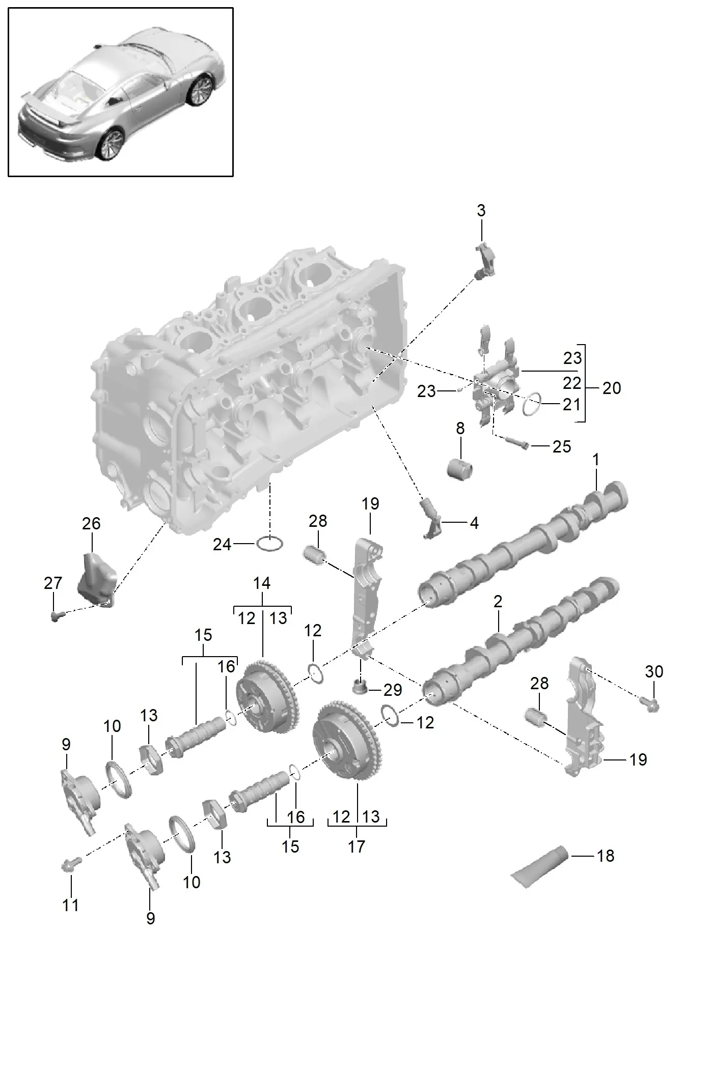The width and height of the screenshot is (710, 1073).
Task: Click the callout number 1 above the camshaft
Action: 595,460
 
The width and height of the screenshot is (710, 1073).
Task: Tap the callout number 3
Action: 481,211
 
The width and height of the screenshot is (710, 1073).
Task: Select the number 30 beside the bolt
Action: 654,671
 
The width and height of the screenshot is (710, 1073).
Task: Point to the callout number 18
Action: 605,856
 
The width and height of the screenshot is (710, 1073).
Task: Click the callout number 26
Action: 91,523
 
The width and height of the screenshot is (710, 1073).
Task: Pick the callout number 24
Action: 222,545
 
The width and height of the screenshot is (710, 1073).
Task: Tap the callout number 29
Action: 393,690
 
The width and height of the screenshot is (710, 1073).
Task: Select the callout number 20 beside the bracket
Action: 612,388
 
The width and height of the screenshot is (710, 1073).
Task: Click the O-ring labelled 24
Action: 270,544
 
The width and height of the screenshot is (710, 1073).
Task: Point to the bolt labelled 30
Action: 652,705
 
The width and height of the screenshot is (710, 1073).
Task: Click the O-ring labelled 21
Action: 532,405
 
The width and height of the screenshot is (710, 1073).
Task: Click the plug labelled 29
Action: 360,688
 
